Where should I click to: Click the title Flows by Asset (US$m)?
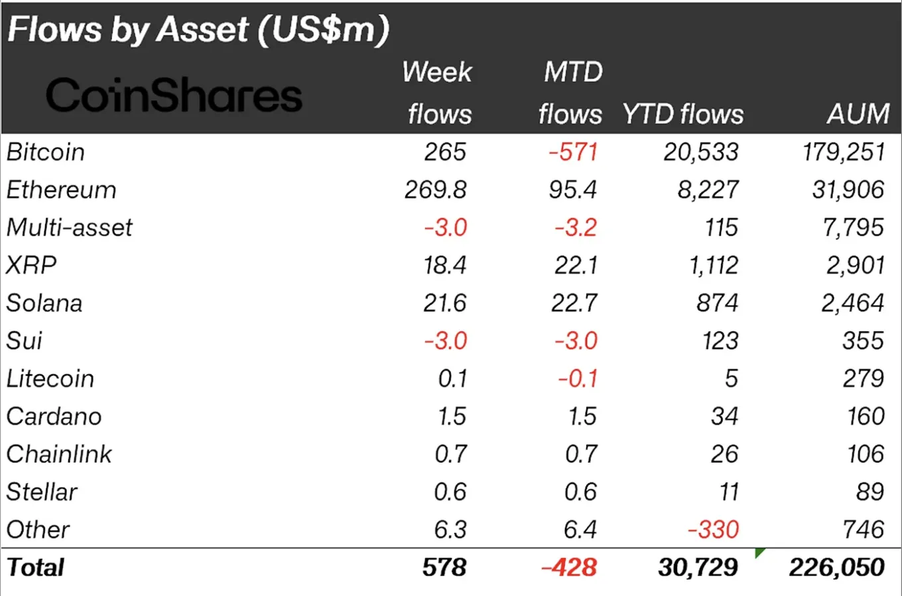[198, 30]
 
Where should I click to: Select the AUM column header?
[858, 114]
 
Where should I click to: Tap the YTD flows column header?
[682, 114]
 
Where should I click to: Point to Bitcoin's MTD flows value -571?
[573, 153]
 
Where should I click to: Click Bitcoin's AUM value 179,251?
[843, 153]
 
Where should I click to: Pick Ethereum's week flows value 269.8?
[436, 190]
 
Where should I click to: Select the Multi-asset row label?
[70, 228]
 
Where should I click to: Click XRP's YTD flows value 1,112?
[713, 265]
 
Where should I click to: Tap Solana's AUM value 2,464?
[852, 303]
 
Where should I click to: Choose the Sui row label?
[25, 341]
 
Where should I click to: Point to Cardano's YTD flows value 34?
[724, 417]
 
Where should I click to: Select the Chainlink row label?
[59, 455]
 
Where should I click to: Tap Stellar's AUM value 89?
[870, 492]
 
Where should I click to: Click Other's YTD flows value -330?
[713, 530]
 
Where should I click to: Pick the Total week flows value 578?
[444, 567]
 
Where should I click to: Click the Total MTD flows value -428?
[569, 567]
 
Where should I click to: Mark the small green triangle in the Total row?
[760, 553]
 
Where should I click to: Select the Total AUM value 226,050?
[836, 567]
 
